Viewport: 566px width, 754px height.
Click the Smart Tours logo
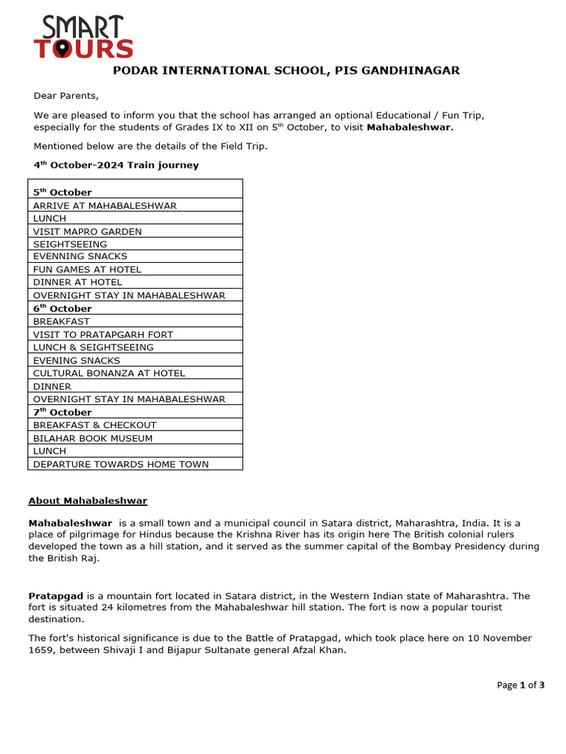click(83, 38)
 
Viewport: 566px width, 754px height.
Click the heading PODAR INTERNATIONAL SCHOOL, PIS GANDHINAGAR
click(285, 71)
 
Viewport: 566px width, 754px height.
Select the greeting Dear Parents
click(66, 96)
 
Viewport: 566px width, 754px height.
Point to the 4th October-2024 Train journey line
click(116, 165)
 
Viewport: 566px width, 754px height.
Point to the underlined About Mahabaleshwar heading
click(88, 501)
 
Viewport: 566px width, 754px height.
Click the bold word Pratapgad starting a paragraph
click(56, 596)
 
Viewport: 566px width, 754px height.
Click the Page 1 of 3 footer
click(520, 685)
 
